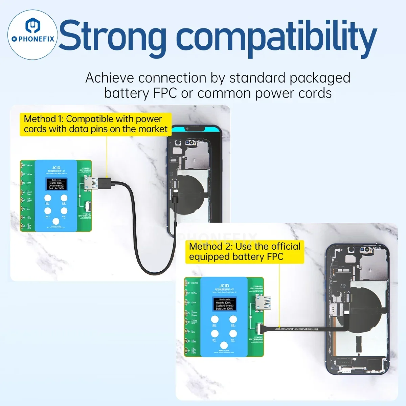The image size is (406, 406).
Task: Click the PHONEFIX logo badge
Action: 32,35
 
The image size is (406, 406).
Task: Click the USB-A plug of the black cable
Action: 101,183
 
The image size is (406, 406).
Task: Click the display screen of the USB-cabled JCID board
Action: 56,184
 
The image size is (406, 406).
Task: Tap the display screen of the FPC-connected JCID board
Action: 224,304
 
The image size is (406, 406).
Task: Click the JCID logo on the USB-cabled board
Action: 56,168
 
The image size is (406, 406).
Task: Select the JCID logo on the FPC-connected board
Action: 224,286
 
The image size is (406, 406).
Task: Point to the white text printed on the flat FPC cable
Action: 296,329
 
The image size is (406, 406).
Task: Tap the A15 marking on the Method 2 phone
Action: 343,286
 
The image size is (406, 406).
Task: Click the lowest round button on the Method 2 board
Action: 224,345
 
